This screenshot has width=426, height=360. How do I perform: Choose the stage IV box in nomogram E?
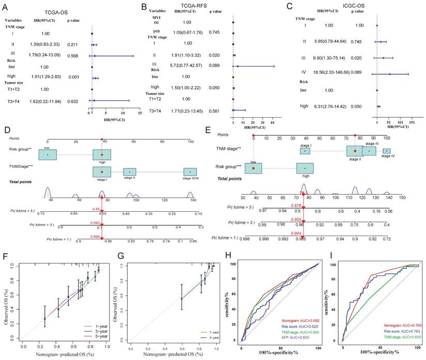pyautogui.click(x=386, y=151)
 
